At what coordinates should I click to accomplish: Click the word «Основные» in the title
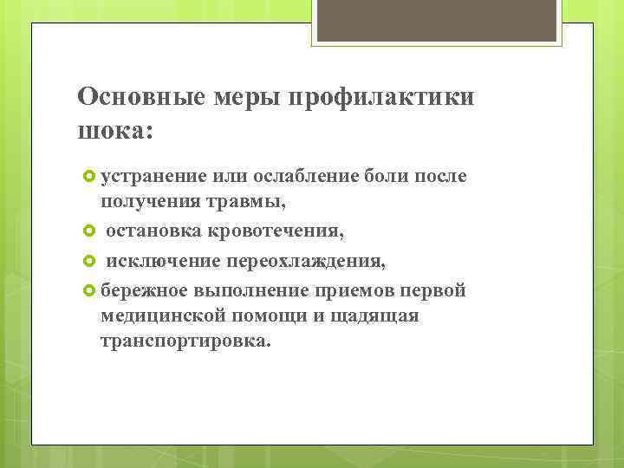(x=138, y=96)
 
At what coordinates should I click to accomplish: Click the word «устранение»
(x=153, y=177)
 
